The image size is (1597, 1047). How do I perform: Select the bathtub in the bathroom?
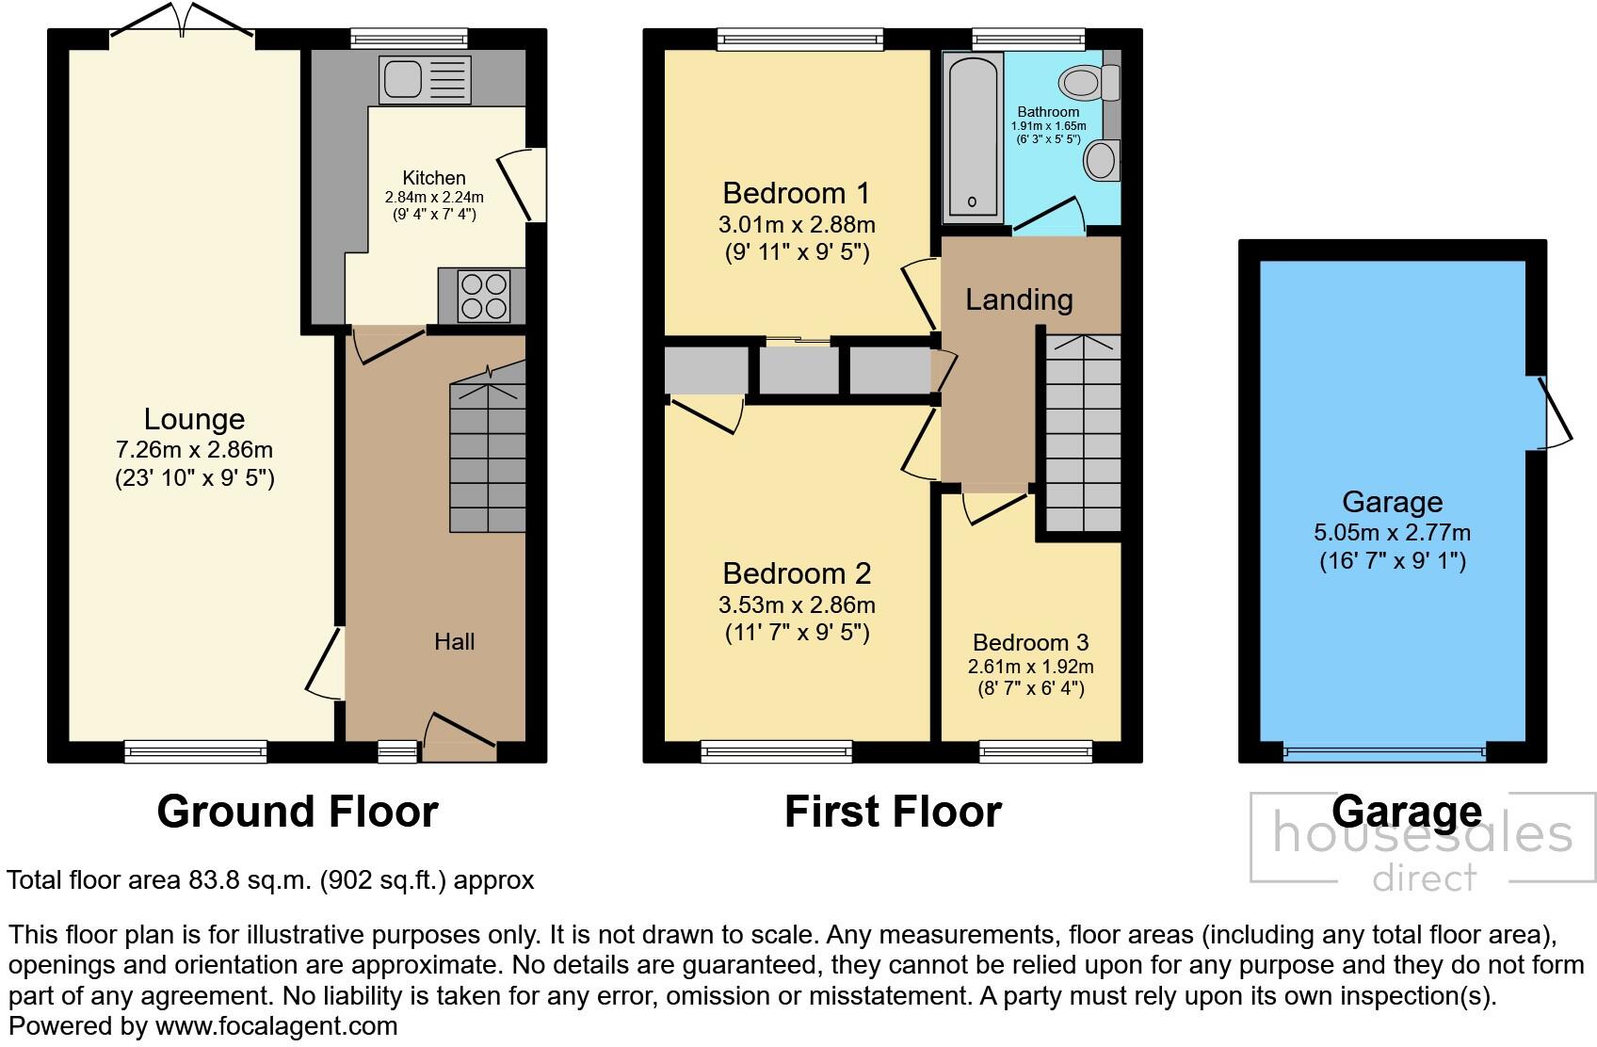(972, 136)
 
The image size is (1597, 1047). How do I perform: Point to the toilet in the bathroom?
(1088, 83)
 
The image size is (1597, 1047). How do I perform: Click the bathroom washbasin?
(1101, 161)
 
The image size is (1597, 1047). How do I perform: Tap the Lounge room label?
(194, 419)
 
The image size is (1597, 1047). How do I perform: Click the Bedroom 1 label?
(796, 193)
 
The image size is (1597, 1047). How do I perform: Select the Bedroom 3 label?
(1030, 643)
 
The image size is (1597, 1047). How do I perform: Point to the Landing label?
(1019, 299)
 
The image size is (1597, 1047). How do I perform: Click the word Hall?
(454, 642)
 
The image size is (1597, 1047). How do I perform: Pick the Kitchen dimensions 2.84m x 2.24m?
(434, 198)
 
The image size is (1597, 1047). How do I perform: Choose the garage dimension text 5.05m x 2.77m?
(1392, 532)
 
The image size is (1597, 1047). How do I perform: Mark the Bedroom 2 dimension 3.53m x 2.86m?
(797, 604)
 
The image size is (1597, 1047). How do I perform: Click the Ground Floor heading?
(298, 812)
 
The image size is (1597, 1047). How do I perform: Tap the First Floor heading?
(893, 812)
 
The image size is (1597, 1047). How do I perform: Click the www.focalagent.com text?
(276, 1025)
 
